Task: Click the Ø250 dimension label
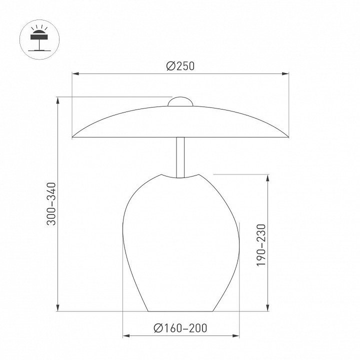click(180, 66)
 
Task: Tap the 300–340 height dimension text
click(51, 204)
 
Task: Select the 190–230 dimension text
click(261, 245)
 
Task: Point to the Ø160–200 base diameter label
click(180, 328)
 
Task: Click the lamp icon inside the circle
click(39, 38)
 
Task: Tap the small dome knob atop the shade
click(180, 101)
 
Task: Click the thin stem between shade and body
click(180, 157)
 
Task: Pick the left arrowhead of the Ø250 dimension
click(75, 73)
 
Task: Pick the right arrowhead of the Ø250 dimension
click(285, 73)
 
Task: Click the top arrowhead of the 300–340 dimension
click(58, 100)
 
